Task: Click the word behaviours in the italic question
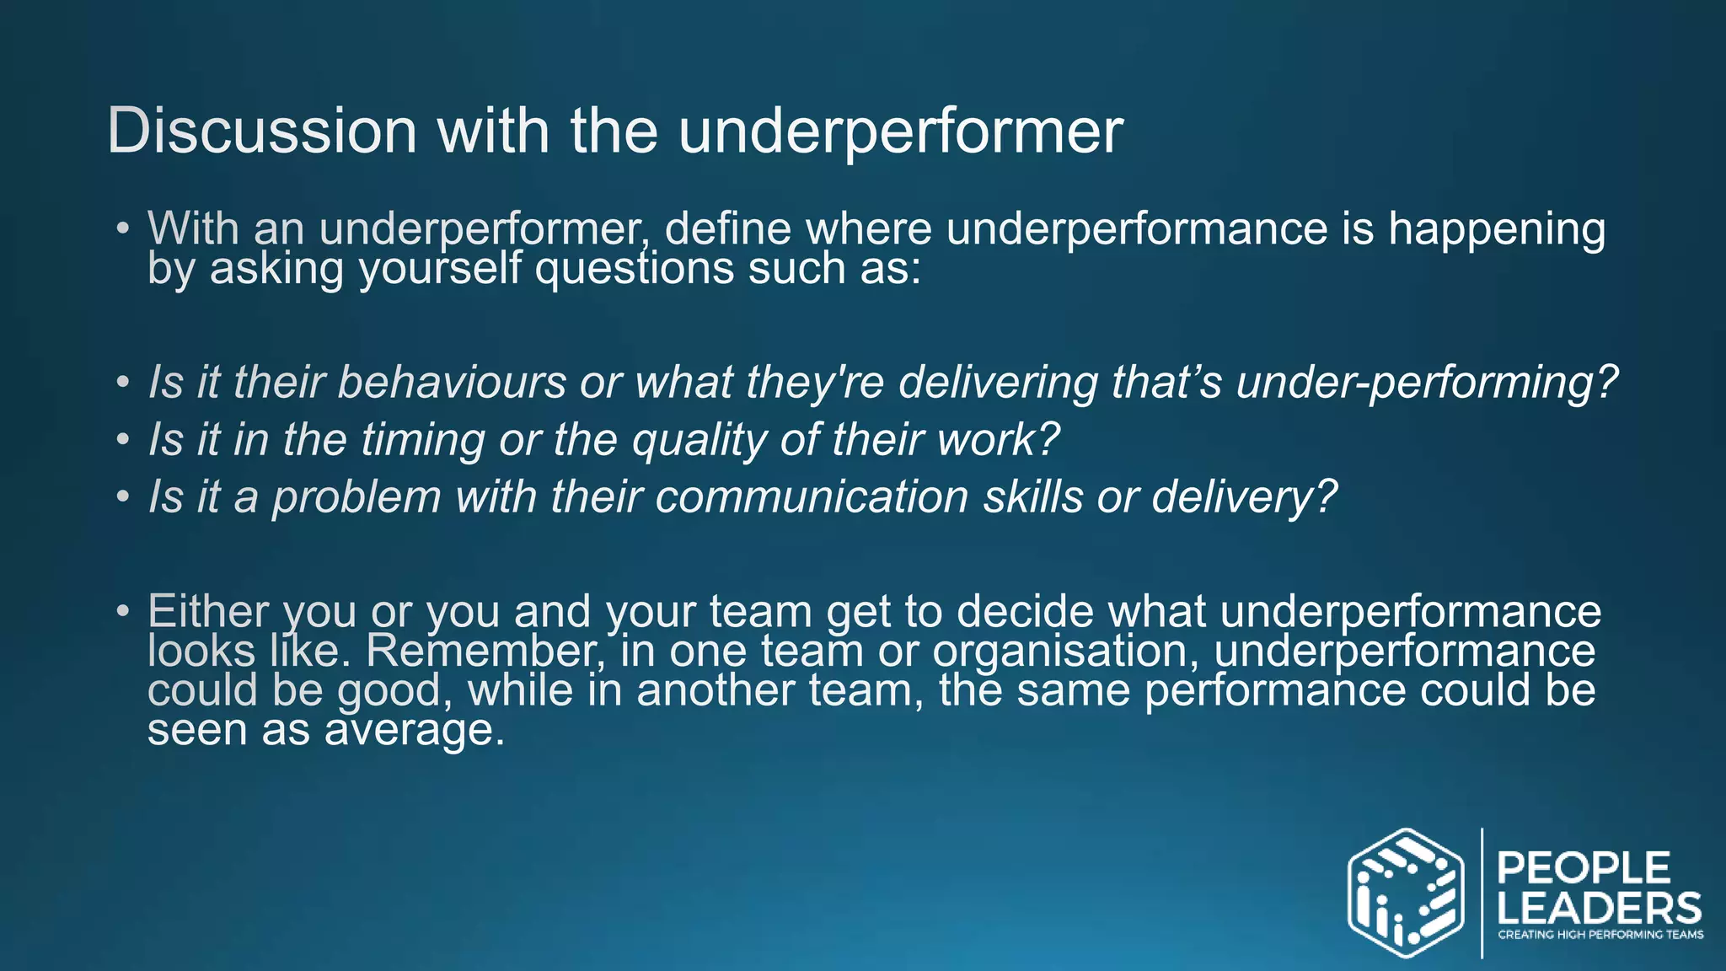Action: point(452,383)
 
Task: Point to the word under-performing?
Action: point(1426,383)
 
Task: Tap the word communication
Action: point(812,497)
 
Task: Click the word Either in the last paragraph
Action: point(208,611)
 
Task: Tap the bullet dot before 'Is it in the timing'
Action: point(123,440)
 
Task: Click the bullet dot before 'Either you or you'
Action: point(123,610)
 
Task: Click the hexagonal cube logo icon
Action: point(1405,893)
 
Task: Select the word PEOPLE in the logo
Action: point(1583,868)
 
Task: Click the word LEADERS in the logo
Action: point(1599,909)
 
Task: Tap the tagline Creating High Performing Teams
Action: point(1600,935)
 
